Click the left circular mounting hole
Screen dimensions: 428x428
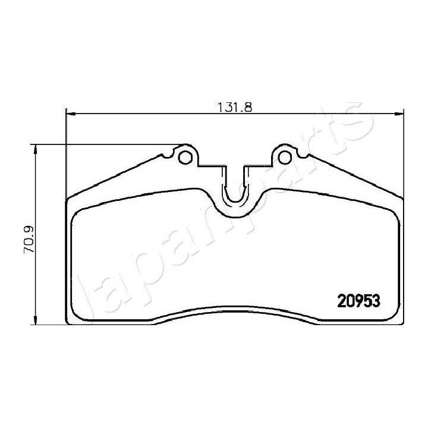click(187, 156)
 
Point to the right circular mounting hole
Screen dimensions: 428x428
click(285, 156)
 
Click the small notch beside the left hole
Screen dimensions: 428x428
click(169, 156)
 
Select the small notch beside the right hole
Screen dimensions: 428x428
click(302, 156)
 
